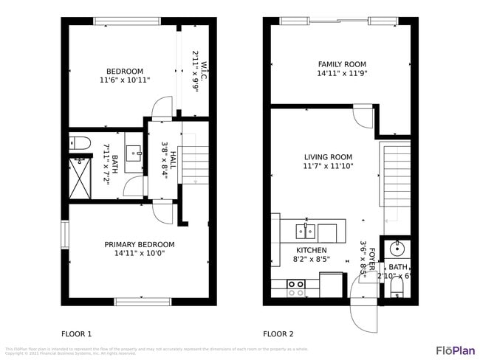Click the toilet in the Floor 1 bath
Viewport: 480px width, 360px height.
(80, 142)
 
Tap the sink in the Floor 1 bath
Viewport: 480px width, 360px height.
(135, 153)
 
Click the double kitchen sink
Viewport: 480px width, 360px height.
(307, 232)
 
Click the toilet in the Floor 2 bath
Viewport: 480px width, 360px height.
(397, 285)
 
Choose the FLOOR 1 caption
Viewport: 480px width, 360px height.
(76, 333)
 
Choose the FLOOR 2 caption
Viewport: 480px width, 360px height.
(278, 333)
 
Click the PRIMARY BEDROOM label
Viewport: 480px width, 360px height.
(139, 245)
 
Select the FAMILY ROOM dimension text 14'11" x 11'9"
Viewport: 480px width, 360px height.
(342, 74)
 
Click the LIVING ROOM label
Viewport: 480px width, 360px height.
(328, 157)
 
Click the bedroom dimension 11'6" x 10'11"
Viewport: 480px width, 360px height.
(125, 80)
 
